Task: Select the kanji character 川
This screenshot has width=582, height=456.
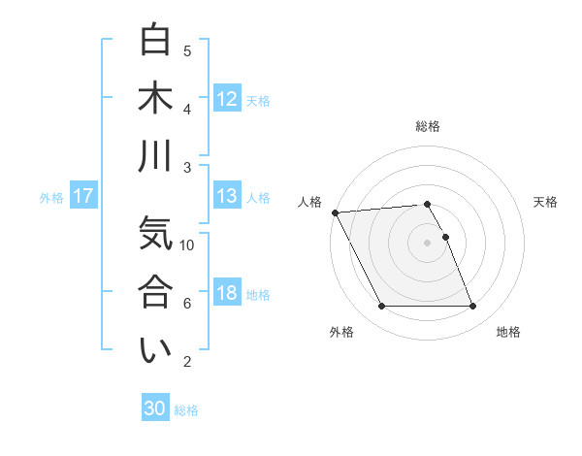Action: tap(156, 156)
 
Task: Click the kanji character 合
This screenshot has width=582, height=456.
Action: tap(156, 292)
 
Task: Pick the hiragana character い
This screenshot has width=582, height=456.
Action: tap(156, 351)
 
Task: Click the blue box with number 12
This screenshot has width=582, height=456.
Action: tap(227, 98)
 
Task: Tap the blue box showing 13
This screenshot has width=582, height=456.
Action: tap(227, 196)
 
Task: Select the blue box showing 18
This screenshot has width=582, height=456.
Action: tap(227, 293)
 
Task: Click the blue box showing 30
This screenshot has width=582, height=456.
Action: tap(155, 408)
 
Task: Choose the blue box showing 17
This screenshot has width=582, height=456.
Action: tap(82, 196)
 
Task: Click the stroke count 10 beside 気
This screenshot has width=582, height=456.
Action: tap(187, 245)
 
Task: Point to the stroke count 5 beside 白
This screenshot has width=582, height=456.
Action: tap(187, 50)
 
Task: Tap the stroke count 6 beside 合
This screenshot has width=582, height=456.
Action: tap(187, 304)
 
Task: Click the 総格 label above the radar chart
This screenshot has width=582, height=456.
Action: tap(428, 126)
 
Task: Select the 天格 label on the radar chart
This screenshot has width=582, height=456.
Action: tap(545, 202)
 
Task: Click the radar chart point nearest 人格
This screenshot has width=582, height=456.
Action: tap(336, 212)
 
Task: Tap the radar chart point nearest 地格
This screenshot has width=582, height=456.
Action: tap(472, 307)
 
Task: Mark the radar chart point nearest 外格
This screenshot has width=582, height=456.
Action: tap(381, 307)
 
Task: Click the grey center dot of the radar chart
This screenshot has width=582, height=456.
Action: tap(427, 243)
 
